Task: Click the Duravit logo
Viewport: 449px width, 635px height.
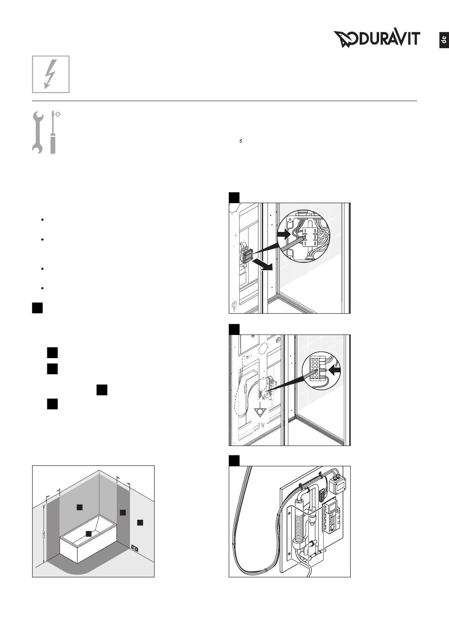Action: (377, 39)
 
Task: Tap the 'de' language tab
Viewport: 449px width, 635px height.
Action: (443, 40)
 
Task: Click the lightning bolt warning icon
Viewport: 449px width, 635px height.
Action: (51, 74)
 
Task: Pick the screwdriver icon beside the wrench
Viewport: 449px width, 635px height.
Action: (53, 132)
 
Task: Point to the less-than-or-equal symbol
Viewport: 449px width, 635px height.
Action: (241, 141)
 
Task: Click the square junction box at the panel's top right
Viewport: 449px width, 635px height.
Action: (339, 483)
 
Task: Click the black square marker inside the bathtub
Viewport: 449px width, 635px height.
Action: (88, 533)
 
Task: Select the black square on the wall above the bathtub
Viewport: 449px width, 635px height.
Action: (79, 507)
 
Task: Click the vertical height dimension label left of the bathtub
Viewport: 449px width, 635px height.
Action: (43, 534)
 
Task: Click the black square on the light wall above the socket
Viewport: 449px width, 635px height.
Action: (140, 522)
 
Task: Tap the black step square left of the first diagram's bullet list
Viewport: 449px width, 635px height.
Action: (38, 308)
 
